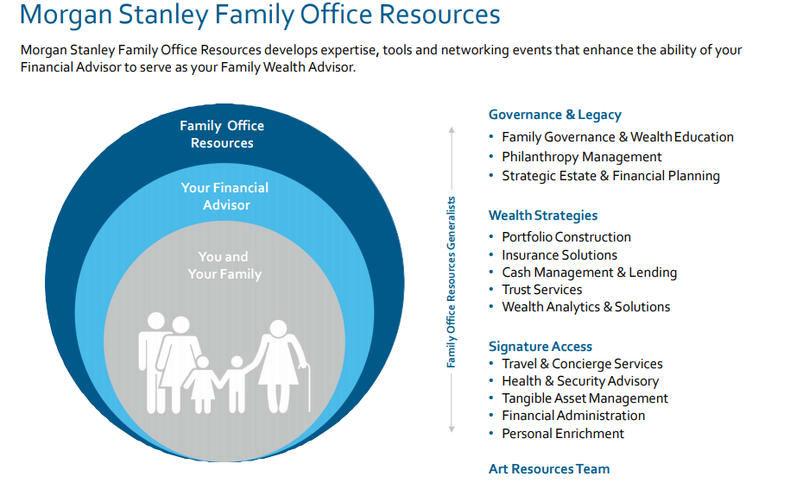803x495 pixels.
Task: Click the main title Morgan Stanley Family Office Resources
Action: coord(260,15)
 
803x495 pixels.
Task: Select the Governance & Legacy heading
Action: coord(554,115)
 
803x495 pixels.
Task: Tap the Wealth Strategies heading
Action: coord(543,216)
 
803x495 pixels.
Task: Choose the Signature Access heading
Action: coord(541,346)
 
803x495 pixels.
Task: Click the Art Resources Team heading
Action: coord(549,469)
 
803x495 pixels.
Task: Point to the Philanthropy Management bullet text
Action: coord(582,156)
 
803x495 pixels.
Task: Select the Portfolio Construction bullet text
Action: coord(566,237)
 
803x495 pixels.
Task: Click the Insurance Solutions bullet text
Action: coord(560,254)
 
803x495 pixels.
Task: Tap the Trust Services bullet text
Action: coord(542,290)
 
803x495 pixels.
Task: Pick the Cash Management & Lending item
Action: coord(590,272)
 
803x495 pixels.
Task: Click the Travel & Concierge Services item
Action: coord(582,364)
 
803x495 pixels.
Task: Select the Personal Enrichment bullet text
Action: coord(563,434)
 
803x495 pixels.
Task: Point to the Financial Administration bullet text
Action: coord(573,415)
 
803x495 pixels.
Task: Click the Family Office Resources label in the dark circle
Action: coord(222,134)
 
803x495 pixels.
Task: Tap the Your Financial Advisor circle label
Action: coord(224,197)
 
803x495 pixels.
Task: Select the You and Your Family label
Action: coord(224,266)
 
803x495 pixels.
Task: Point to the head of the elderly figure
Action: coord(279,329)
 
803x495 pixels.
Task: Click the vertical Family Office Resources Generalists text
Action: coord(451,282)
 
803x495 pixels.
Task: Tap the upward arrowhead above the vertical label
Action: coord(452,130)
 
